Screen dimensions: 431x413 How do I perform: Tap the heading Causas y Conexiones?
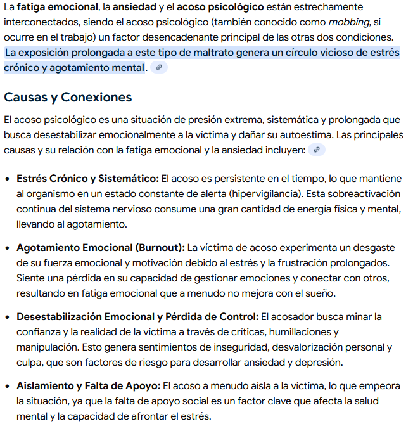pos(68,97)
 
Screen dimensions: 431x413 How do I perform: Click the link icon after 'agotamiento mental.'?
pos(159,68)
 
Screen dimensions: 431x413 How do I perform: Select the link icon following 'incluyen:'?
pos(318,150)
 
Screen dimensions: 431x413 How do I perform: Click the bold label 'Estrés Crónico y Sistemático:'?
pos(87,179)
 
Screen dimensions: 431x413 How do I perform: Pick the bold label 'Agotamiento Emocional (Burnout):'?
pos(101,247)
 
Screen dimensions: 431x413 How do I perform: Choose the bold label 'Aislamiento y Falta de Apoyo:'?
pos(89,385)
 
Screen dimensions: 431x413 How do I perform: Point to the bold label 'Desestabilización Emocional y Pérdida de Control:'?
pos(137,316)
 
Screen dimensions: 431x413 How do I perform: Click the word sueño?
pos(319,293)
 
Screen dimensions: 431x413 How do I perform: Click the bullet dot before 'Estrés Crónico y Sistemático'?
pos(8,179)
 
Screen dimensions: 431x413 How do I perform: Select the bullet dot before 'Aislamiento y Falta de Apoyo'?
pos(8,386)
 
